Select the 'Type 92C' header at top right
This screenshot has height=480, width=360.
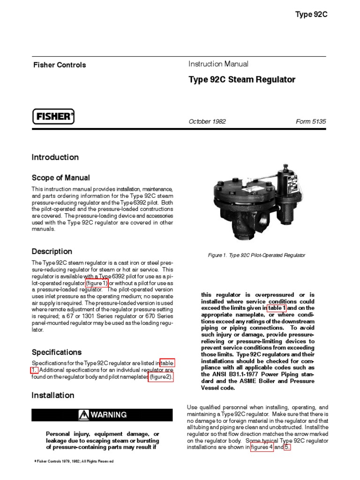[311, 15]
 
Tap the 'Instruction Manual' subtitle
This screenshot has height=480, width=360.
[218, 64]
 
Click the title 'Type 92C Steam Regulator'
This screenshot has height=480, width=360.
[242, 80]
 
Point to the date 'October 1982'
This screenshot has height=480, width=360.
[207, 121]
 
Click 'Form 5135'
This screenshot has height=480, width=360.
[311, 121]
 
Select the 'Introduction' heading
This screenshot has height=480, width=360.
[55, 157]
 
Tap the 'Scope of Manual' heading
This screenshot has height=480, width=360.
[60, 178]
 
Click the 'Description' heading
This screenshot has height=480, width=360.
[52, 252]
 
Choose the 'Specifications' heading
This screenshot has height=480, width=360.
[56, 352]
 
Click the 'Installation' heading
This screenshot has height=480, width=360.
[52, 396]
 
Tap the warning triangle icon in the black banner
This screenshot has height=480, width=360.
[84, 415]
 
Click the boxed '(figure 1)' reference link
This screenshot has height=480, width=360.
[97, 283]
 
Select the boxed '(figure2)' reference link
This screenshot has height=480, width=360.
[161, 376]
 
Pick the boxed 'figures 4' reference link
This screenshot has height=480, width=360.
[262, 447]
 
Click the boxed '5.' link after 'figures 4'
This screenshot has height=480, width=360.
[287, 447]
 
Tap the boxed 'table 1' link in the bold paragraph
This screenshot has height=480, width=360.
[277, 308]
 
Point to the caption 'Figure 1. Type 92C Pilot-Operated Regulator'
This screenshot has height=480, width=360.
[256, 255]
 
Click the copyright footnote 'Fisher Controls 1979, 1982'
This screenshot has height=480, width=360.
[75, 461]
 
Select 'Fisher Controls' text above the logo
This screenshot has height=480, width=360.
[59, 65]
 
